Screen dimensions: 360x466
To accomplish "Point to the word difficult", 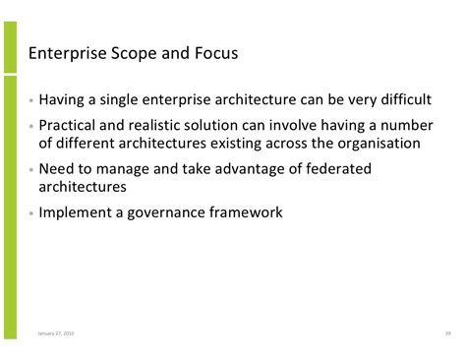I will click(x=395, y=98).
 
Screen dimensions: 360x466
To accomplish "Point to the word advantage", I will click(x=246, y=169).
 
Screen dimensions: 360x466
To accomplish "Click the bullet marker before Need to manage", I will click(x=32, y=170).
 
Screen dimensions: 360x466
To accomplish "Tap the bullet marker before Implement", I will click(x=32, y=212).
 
